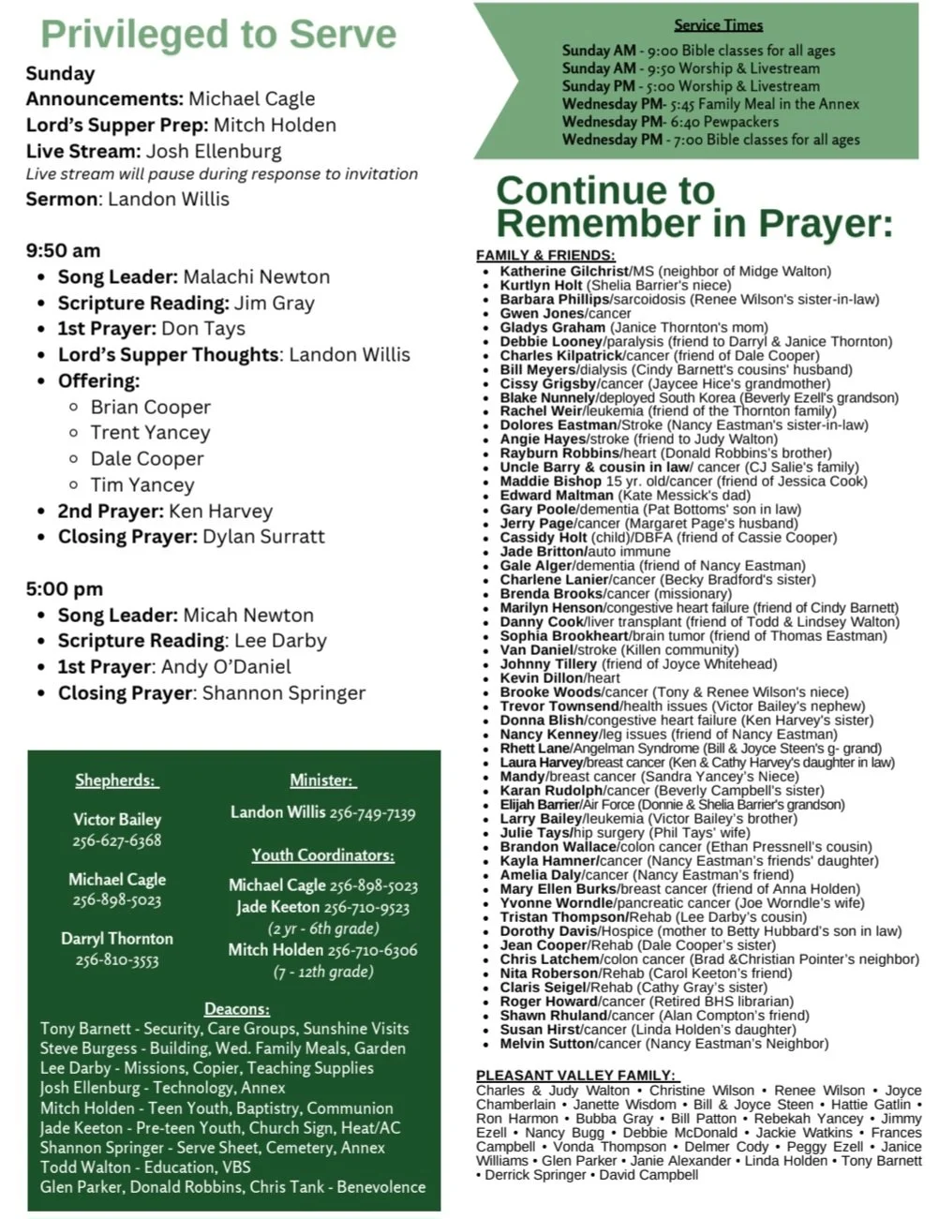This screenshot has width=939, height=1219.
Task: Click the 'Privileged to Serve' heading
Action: pos(218,34)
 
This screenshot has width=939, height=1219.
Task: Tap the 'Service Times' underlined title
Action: pos(718,25)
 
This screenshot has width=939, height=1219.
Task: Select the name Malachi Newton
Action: pos(256,277)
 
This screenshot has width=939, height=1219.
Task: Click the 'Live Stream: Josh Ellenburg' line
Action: pos(154,151)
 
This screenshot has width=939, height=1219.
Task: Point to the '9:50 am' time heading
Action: pos(63,251)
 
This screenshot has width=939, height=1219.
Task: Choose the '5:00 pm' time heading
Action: pos(64,589)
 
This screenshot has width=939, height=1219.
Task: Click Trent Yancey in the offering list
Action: pos(150,433)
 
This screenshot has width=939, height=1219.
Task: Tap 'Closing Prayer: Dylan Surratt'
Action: pos(191,537)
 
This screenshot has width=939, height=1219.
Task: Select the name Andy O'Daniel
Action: pos(226,667)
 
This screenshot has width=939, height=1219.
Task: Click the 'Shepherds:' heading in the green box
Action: pos(116,781)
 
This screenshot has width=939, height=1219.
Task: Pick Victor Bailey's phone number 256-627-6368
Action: pos(117,840)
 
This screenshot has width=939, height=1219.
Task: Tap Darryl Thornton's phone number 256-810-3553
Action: pos(117,960)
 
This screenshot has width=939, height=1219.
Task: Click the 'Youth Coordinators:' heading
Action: pos(322,855)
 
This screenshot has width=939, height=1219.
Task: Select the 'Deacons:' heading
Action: pos(237,1009)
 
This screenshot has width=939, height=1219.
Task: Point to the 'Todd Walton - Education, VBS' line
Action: pos(145,1167)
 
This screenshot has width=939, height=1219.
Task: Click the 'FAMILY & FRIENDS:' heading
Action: pos(545,256)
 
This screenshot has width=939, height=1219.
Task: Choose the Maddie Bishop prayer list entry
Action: pos(550,482)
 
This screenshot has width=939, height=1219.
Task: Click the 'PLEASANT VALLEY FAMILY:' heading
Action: pos(576,1076)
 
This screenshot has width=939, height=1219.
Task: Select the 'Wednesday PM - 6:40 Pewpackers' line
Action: pos(670,122)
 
